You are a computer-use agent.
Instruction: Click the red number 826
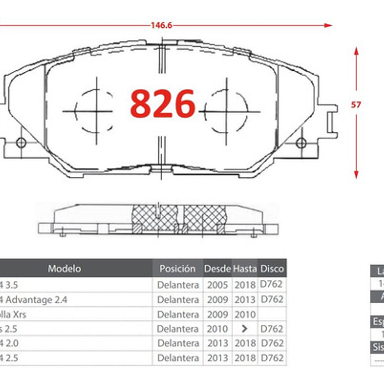click(x=163, y=104)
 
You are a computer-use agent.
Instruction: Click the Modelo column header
click(x=64, y=268)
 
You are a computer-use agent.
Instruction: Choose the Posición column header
click(x=177, y=268)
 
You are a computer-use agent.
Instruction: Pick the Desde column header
click(x=217, y=268)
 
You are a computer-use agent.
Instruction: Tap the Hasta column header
click(x=245, y=268)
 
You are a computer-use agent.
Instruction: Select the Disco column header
click(x=272, y=268)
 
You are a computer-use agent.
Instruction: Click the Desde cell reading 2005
click(x=217, y=285)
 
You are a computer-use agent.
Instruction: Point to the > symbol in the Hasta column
click(x=245, y=328)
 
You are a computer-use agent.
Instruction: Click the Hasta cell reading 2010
click(x=245, y=314)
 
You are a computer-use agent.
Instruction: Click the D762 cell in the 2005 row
click(x=271, y=284)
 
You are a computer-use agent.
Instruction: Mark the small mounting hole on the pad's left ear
click(x=21, y=142)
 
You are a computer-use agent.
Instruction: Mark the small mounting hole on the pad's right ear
click(x=301, y=142)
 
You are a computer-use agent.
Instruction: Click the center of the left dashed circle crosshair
click(x=96, y=111)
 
